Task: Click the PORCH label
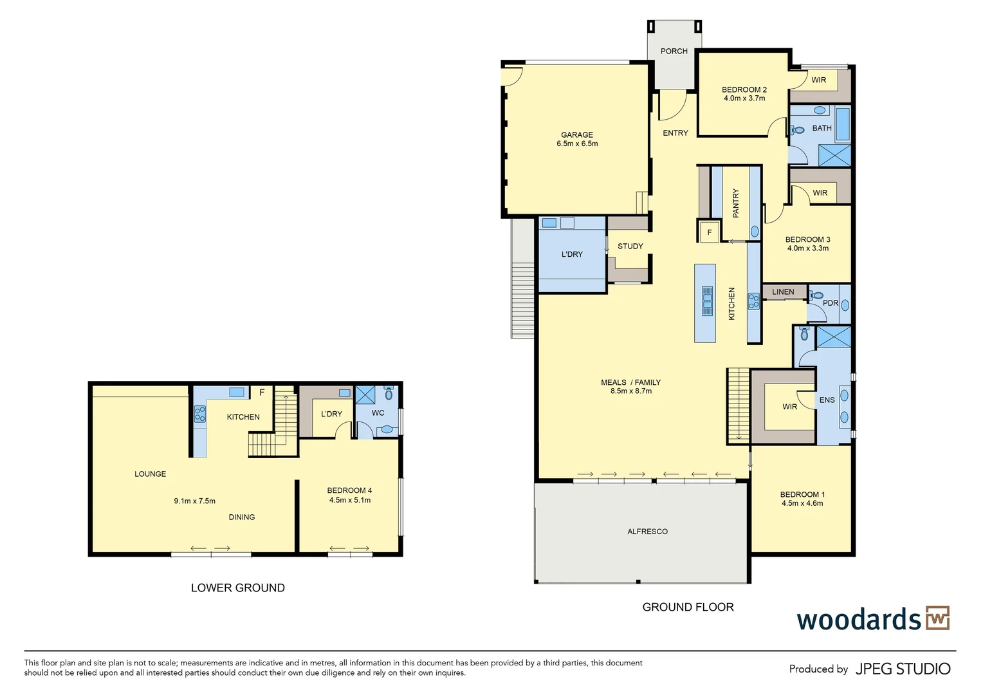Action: (x=674, y=51)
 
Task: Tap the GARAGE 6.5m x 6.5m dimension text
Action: (x=577, y=144)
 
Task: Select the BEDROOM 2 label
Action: (x=744, y=89)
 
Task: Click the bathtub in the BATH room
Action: (x=843, y=124)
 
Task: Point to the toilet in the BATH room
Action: (x=796, y=130)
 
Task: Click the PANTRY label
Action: (x=736, y=203)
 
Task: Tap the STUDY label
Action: (x=630, y=246)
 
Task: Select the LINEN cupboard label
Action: (x=783, y=292)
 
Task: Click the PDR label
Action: (x=831, y=303)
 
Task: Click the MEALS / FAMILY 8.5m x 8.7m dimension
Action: (x=631, y=391)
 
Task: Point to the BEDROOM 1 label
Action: (x=802, y=494)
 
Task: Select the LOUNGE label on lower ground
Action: (x=150, y=474)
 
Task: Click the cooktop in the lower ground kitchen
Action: (x=199, y=414)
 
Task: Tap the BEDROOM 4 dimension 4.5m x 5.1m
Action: (x=350, y=500)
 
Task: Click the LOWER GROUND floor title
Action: (x=238, y=588)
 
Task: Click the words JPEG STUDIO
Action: (x=903, y=669)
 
